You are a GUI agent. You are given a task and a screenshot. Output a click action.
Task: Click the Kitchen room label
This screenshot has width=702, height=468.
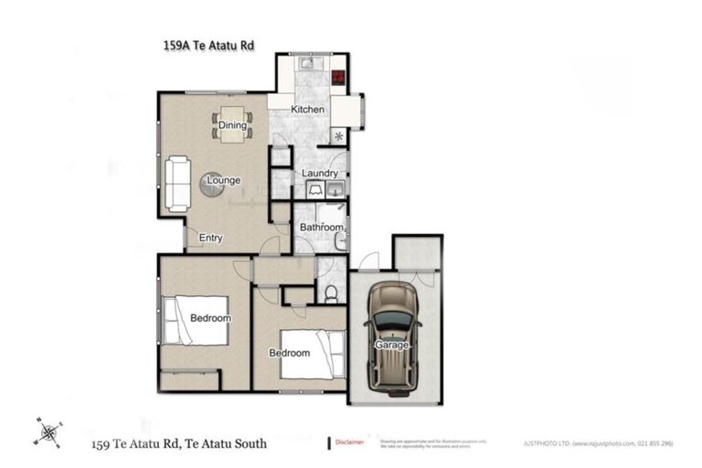(307, 110)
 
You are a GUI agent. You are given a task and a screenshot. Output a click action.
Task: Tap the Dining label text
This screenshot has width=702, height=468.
(231, 125)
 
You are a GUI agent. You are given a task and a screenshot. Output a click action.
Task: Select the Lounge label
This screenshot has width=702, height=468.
(223, 180)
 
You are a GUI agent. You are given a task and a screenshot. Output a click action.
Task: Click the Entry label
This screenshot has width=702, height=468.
(210, 239)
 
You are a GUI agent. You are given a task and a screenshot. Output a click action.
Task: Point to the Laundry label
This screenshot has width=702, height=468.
(320, 174)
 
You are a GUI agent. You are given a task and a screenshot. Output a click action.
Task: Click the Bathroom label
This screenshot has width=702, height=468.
(322, 227)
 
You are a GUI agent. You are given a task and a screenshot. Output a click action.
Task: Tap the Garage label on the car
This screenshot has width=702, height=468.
(390, 346)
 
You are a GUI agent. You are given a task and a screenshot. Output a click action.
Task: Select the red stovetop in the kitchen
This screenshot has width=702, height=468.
(338, 79)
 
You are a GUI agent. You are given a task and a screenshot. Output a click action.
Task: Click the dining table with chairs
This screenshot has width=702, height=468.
(231, 125)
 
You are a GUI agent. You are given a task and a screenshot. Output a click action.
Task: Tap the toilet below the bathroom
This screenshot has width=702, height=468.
(331, 292)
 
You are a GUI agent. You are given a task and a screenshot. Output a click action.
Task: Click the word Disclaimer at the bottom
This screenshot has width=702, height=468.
(350, 441)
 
